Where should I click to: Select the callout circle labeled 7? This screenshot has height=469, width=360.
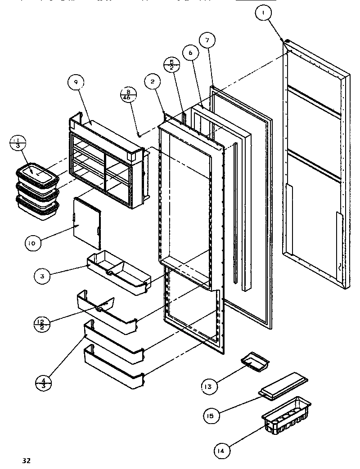[x=207, y=41]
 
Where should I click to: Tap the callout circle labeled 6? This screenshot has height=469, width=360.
[x=190, y=53]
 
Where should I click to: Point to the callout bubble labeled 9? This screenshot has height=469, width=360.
[x=76, y=82]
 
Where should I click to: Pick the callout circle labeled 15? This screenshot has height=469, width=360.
[x=211, y=415]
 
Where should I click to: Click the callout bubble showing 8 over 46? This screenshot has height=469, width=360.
[x=128, y=95]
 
